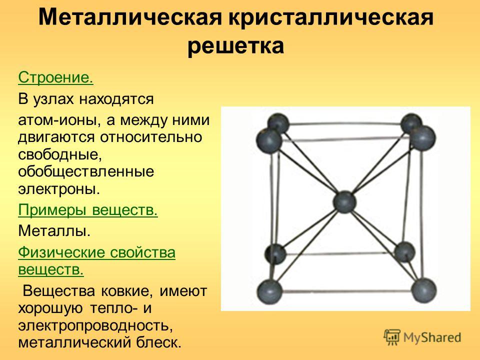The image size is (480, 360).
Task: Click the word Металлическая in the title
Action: click(x=130, y=17)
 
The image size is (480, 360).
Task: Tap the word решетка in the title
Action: click(x=235, y=46)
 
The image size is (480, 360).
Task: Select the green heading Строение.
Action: click(x=55, y=77)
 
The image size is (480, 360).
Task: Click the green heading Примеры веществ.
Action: click(x=88, y=210)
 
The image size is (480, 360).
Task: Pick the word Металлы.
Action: click(x=54, y=230)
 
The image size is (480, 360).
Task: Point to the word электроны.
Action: click(x=59, y=189)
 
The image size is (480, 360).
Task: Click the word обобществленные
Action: click(x=86, y=171)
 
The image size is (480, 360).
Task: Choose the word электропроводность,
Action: click(x=95, y=325)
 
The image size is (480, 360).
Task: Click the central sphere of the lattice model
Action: click(x=344, y=202)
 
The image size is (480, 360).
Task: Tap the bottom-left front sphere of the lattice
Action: click(x=269, y=291)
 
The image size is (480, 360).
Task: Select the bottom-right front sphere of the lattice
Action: click(x=424, y=290)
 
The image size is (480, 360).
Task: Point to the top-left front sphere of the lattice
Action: click(x=269, y=140)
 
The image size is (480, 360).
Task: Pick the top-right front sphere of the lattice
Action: click(x=422, y=138)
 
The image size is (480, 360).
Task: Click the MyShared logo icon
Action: click(x=392, y=337)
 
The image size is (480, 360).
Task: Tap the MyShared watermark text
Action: click(x=432, y=337)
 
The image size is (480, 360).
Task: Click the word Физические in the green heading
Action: click(x=61, y=252)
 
